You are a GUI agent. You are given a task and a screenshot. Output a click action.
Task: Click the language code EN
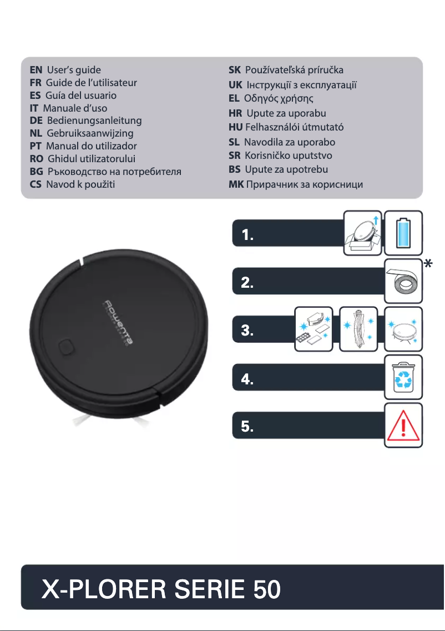point(36,70)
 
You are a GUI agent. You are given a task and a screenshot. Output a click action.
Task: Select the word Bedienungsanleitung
point(94,121)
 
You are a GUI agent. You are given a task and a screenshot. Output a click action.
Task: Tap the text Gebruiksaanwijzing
point(90,133)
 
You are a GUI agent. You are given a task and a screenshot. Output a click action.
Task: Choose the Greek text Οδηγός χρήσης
point(279,99)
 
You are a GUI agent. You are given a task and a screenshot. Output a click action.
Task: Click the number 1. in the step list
point(248,236)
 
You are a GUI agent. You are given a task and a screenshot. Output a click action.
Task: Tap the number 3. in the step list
point(248,332)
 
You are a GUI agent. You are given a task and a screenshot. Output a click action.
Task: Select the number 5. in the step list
point(248,427)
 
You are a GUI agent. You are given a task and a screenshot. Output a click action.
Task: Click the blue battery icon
point(403,233)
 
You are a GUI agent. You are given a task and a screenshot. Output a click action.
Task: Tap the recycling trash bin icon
point(403,378)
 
